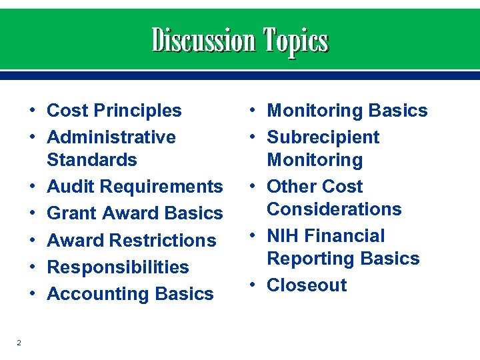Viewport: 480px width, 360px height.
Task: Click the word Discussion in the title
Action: click(x=203, y=41)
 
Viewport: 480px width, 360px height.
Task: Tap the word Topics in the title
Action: click(x=295, y=41)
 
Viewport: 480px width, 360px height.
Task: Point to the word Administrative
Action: click(x=111, y=137)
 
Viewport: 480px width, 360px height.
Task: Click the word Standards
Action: click(x=92, y=160)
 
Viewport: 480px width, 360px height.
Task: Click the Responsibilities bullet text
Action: click(x=118, y=267)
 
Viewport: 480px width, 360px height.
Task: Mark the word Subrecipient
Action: click(x=323, y=137)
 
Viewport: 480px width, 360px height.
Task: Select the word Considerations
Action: click(x=334, y=209)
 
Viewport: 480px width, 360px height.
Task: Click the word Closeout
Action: click(x=307, y=285)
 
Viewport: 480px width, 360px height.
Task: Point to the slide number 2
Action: click(x=19, y=343)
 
